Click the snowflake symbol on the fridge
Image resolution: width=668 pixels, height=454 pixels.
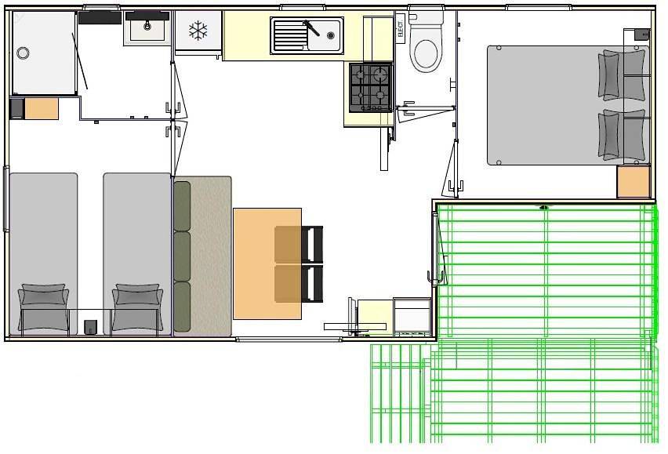point(198,31)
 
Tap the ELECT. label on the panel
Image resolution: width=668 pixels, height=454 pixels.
point(400,28)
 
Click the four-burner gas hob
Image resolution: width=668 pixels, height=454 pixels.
point(371,88)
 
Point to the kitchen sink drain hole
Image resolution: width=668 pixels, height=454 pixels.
point(331,35)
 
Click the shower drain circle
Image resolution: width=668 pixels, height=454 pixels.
point(23,53)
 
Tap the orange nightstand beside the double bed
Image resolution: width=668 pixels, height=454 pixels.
point(634,182)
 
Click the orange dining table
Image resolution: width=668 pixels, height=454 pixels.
point(267,263)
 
